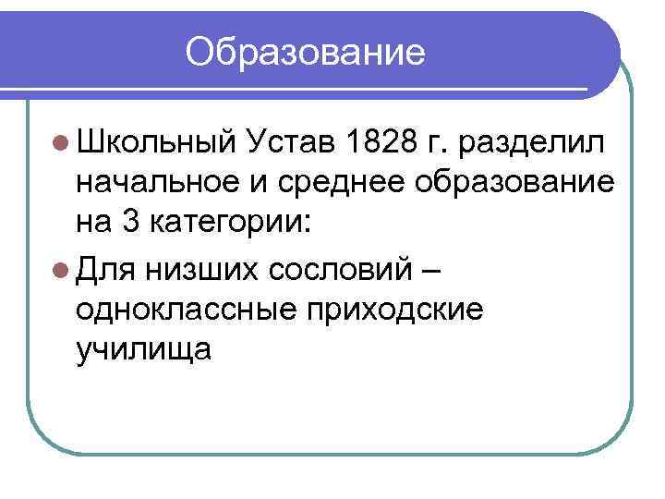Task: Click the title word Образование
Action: (306, 53)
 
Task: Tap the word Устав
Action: (291, 142)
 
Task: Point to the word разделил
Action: (534, 143)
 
